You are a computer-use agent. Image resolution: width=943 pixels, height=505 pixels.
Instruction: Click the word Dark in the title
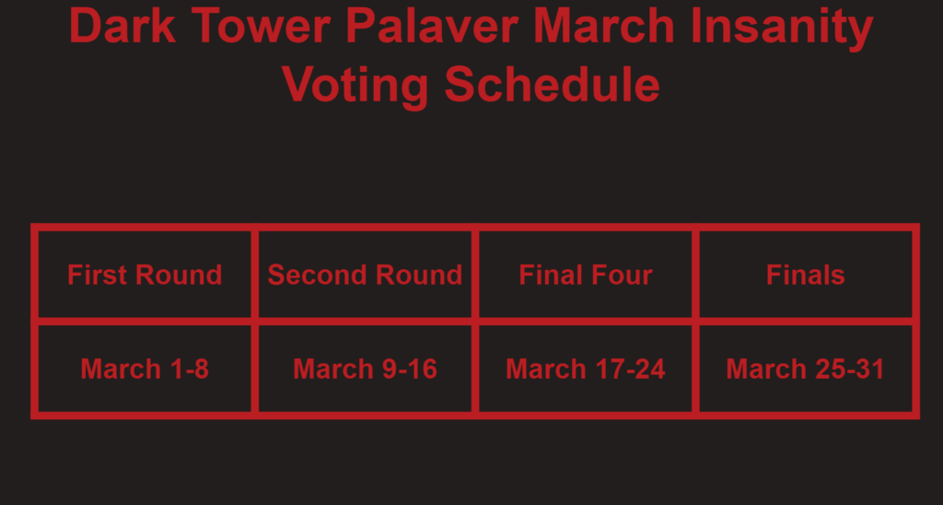[122, 26]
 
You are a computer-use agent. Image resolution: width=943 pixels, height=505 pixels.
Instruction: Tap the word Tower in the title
[261, 26]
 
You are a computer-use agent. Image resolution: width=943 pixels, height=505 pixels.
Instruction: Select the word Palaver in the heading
[432, 26]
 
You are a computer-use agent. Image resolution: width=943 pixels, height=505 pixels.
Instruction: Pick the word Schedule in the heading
[553, 84]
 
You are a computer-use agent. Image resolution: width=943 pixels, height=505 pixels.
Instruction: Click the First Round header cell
[145, 275]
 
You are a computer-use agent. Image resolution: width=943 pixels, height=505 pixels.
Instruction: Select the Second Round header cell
[365, 275]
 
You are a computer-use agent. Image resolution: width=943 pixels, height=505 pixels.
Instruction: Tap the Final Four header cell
[586, 275]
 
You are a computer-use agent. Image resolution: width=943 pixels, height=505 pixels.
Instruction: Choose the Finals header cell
[806, 275]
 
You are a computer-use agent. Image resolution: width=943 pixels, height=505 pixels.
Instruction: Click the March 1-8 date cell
[145, 369]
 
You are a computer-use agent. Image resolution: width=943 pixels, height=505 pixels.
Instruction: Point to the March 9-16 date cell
[365, 369]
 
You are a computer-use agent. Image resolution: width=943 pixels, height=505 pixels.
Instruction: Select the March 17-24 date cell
[586, 369]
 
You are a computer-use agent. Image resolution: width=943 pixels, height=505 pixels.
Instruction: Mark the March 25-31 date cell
[806, 369]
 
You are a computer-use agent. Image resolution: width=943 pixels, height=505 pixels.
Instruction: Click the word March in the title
[604, 26]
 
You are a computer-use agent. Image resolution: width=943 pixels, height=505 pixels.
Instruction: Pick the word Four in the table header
[623, 275]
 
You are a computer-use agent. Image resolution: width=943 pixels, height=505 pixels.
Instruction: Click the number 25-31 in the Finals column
[850, 369]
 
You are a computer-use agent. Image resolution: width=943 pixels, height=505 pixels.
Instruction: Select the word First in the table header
[98, 275]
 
